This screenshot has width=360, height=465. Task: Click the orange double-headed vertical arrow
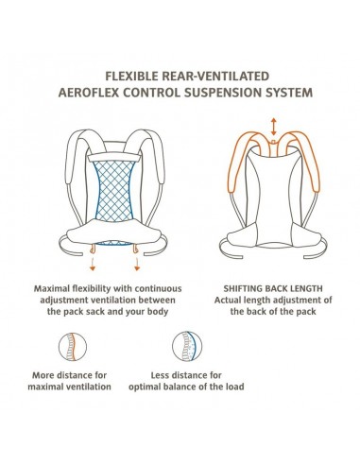point(274,127)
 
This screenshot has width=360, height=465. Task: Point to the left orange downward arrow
point(93,264)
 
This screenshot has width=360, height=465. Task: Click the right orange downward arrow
point(137,264)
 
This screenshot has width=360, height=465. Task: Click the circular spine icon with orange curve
point(73,347)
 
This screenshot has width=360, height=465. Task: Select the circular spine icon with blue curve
point(187,347)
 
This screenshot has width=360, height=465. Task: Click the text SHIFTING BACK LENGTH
point(273,288)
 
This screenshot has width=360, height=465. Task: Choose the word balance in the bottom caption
point(186,387)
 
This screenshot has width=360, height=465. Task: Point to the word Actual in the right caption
point(228,300)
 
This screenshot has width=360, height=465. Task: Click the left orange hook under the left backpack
point(93,249)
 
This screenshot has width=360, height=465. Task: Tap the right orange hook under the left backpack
point(136,249)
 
